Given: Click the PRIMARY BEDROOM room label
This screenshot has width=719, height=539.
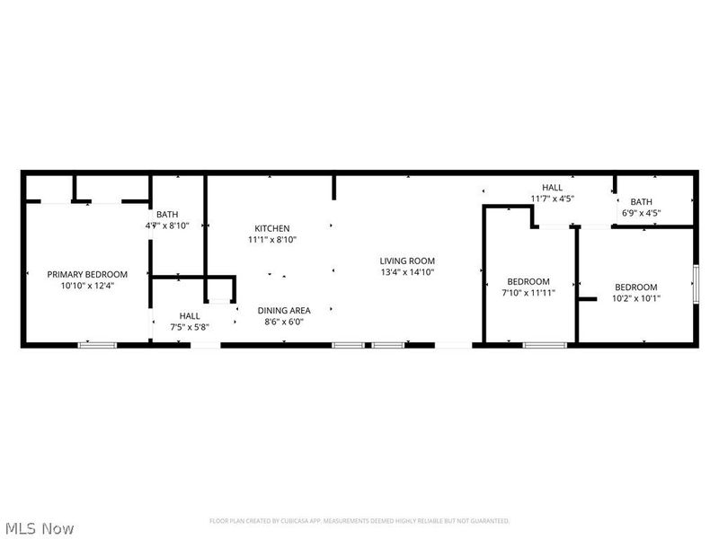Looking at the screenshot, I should (87, 274).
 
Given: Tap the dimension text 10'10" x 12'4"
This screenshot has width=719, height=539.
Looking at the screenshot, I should (87, 286).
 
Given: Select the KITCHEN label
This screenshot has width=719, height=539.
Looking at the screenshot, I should (271, 228).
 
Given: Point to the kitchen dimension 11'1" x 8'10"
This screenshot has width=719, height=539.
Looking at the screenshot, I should (271, 240).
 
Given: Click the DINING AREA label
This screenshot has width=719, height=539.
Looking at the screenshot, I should (284, 311).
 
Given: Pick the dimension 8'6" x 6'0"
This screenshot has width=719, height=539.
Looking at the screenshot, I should (284, 323).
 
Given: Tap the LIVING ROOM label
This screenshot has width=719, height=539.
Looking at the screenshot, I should (407, 261).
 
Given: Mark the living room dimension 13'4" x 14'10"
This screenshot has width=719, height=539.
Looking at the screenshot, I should (407, 272).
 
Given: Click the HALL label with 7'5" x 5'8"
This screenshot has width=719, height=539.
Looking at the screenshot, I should (190, 315).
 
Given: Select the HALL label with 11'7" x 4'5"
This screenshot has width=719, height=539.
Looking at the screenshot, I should (552, 187).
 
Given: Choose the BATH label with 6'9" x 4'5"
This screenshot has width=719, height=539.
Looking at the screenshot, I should (641, 201).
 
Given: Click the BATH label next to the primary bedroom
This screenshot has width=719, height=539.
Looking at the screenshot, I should (167, 214).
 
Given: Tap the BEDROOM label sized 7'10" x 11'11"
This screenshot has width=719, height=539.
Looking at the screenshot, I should (528, 281).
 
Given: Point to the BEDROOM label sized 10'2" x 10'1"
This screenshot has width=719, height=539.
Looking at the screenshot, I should (636, 287).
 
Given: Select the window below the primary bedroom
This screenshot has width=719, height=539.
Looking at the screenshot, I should (97, 344).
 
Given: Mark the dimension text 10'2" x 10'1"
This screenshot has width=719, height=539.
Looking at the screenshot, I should (636, 298).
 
